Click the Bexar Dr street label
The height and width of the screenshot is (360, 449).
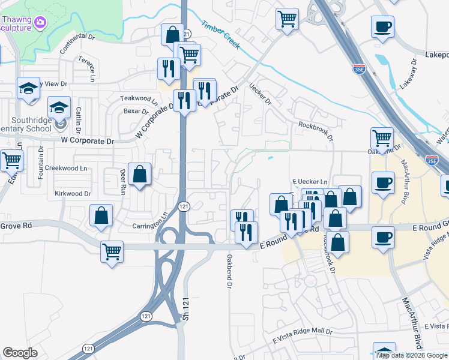point(136,111)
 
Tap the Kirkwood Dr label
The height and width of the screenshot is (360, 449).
point(72,194)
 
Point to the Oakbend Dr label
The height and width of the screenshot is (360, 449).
point(229,271)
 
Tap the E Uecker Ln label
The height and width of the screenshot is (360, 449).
point(310,182)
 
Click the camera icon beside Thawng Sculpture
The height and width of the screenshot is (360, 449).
point(40,23)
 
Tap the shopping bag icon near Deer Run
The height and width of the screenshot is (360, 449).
point(139,175)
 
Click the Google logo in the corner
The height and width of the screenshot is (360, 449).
point(20,353)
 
